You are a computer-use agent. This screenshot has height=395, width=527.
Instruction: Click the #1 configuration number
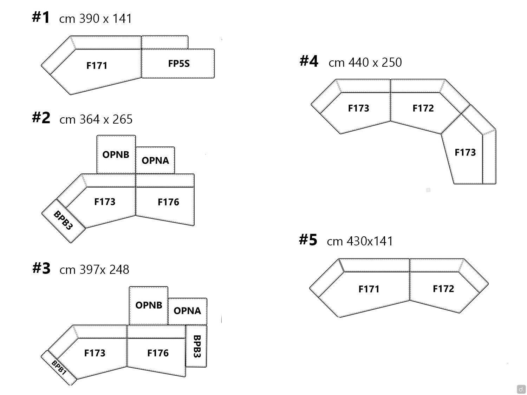[41, 17]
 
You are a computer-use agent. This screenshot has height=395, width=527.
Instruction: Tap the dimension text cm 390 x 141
[96, 18]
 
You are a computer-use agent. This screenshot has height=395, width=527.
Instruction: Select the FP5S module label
[179, 64]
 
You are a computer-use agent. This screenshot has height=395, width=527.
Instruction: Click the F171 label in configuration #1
[97, 65]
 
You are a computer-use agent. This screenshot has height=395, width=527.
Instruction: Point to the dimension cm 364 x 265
[96, 119]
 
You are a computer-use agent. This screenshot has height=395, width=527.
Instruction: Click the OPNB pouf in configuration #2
[116, 154]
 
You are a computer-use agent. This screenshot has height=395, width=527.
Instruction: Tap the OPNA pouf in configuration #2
[155, 160]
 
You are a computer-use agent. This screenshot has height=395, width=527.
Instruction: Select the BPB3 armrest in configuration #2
[63, 220]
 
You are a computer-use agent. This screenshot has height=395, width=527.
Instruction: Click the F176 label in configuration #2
[168, 202]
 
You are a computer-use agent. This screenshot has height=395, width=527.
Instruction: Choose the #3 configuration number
[41, 268]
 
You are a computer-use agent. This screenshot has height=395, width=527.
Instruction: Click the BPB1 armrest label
[59, 367]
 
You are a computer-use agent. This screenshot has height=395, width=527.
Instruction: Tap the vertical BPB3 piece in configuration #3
[197, 346]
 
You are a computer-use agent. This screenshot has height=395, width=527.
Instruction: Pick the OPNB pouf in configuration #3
[149, 305]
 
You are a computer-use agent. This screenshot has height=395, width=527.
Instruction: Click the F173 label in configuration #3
[95, 353]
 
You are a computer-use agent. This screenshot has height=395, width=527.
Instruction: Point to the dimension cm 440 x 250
[365, 62]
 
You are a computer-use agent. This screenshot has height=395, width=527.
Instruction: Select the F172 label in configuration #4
[423, 108]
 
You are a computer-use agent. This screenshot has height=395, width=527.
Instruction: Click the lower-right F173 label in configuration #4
[465, 152]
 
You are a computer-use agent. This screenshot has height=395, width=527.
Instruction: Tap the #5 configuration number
[308, 240]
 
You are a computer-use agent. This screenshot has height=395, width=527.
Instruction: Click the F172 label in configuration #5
[443, 289]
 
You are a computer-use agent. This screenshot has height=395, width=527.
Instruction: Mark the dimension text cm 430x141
[360, 241]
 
